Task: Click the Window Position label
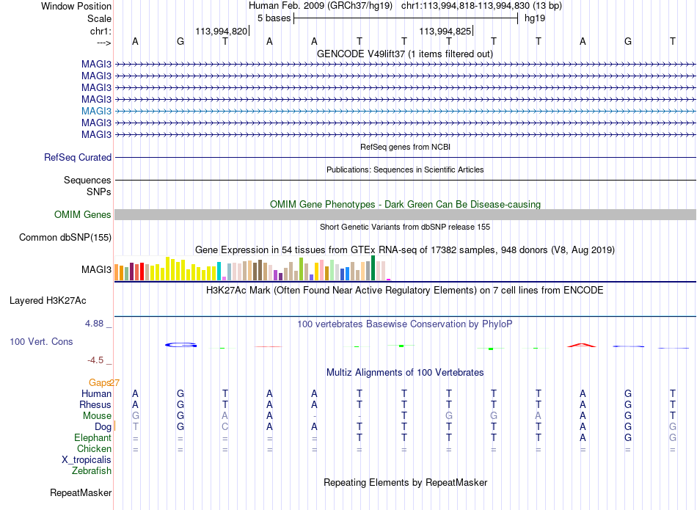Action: pos(76,6)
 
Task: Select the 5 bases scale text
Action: pos(274,18)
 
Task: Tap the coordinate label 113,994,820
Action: pos(222,31)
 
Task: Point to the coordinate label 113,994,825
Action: pos(445,31)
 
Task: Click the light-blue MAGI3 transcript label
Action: pos(96,111)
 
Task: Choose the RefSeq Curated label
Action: pos(78,157)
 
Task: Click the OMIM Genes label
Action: pos(83,215)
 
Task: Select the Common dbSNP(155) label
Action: pos(65,238)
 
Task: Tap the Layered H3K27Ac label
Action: pos(48,301)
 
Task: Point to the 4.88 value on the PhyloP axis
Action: pos(95,324)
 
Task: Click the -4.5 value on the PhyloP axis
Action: pos(95,360)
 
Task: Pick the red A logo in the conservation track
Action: pos(582,345)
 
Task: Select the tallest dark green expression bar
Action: pos(373,268)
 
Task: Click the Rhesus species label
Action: pos(95,405)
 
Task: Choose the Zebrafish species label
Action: pos(92,471)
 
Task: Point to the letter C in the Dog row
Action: pos(225,427)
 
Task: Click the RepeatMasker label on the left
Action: pos(81,492)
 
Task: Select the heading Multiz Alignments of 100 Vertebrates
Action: pos(405,373)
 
